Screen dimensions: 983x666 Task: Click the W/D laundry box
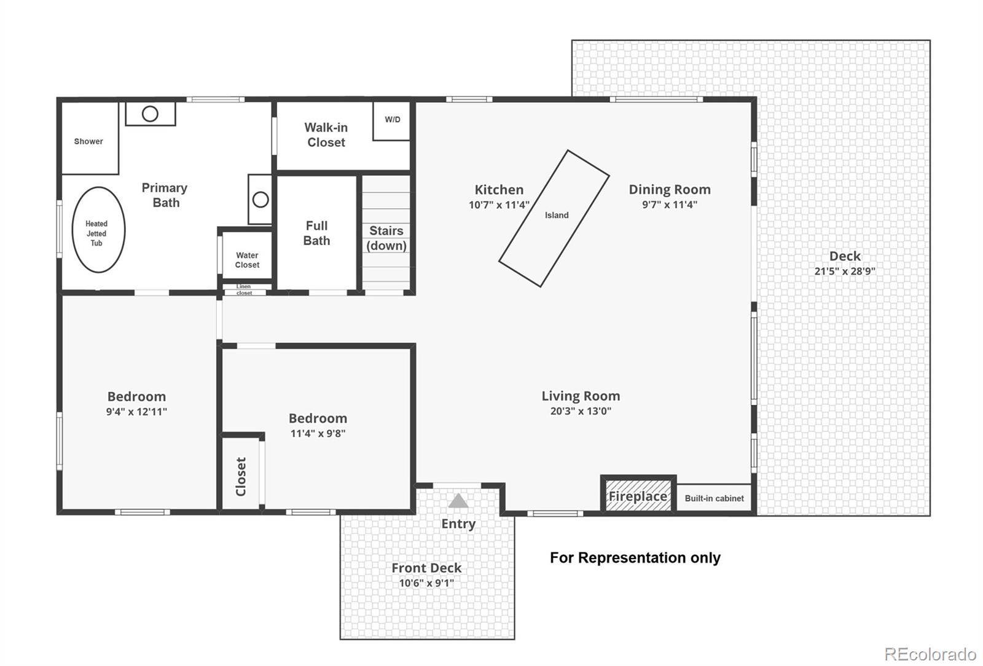[x=391, y=120]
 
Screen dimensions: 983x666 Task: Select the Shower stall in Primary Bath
[x=90, y=138]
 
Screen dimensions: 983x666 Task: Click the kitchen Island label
[x=557, y=215]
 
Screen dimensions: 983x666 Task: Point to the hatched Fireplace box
[x=638, y=495]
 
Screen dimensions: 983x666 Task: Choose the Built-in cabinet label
[x=714, y=498]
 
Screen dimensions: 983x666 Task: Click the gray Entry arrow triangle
[x=458, y=501]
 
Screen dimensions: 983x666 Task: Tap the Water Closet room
[x=247, y=255]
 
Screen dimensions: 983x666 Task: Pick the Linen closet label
[x=244, y=289]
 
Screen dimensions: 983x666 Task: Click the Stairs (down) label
[x=386, y=238]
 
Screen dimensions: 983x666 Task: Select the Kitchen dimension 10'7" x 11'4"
[x=499, y=205]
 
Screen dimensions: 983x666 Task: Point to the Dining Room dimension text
[x=670, y=205]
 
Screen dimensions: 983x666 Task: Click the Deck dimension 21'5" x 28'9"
[x=845, y=271]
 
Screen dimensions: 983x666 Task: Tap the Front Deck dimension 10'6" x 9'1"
[x=426, y=583]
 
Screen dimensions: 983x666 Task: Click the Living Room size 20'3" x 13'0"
[x=581, y=411]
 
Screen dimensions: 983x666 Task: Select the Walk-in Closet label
[x=326, y=135]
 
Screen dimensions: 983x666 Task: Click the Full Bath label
[x=316, y=233]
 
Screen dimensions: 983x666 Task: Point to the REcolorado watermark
[x=930, y=654]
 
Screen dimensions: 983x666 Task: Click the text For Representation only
[x=635, y=558]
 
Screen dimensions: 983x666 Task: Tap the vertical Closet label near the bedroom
[x=241, y=477]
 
